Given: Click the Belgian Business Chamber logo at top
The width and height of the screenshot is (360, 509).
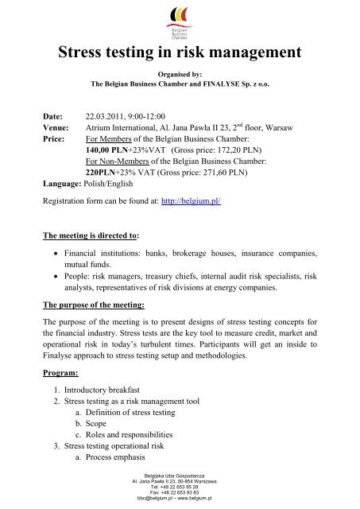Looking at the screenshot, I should point(180,21).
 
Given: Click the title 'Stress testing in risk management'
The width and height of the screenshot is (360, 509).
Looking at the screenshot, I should point(180,54).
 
